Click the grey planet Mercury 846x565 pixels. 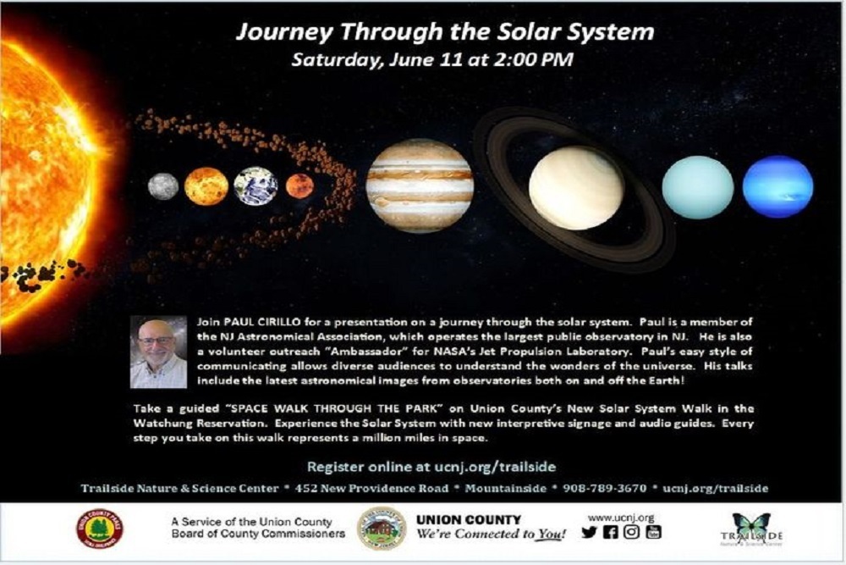(x=163, y=186)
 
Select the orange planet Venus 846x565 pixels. (x=206, y=186)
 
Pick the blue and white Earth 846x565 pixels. (x=255, y=186)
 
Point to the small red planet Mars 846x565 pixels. (x=299, y=186)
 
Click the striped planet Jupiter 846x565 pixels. (x=420, y=186)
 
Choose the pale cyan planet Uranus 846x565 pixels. (x=698, y=187)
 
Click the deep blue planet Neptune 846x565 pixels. (x=777, y=187)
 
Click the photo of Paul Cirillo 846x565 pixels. (x=158, y=352)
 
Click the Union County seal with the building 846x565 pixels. (x=381, y=529)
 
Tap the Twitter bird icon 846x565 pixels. (x=589, y=533)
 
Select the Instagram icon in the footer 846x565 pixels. (x=631, y=533)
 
